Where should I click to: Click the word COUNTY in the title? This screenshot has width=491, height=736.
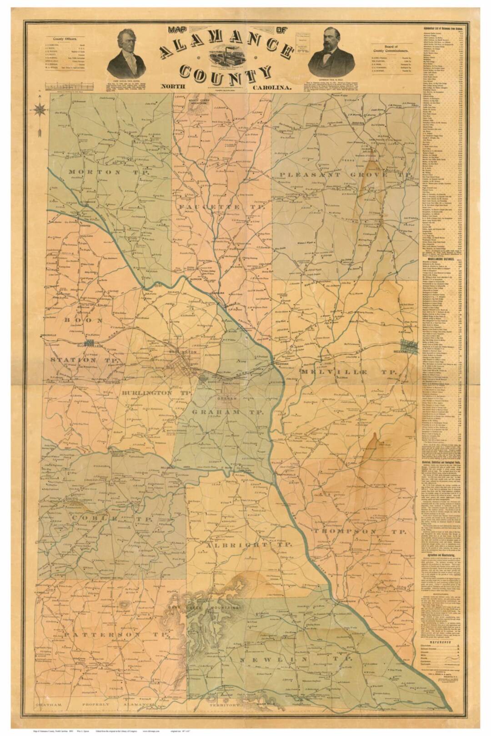pyautogui.click(x=225, y=73)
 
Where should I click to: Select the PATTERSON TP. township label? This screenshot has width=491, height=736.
pyautogui.click(x=116, y=634)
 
